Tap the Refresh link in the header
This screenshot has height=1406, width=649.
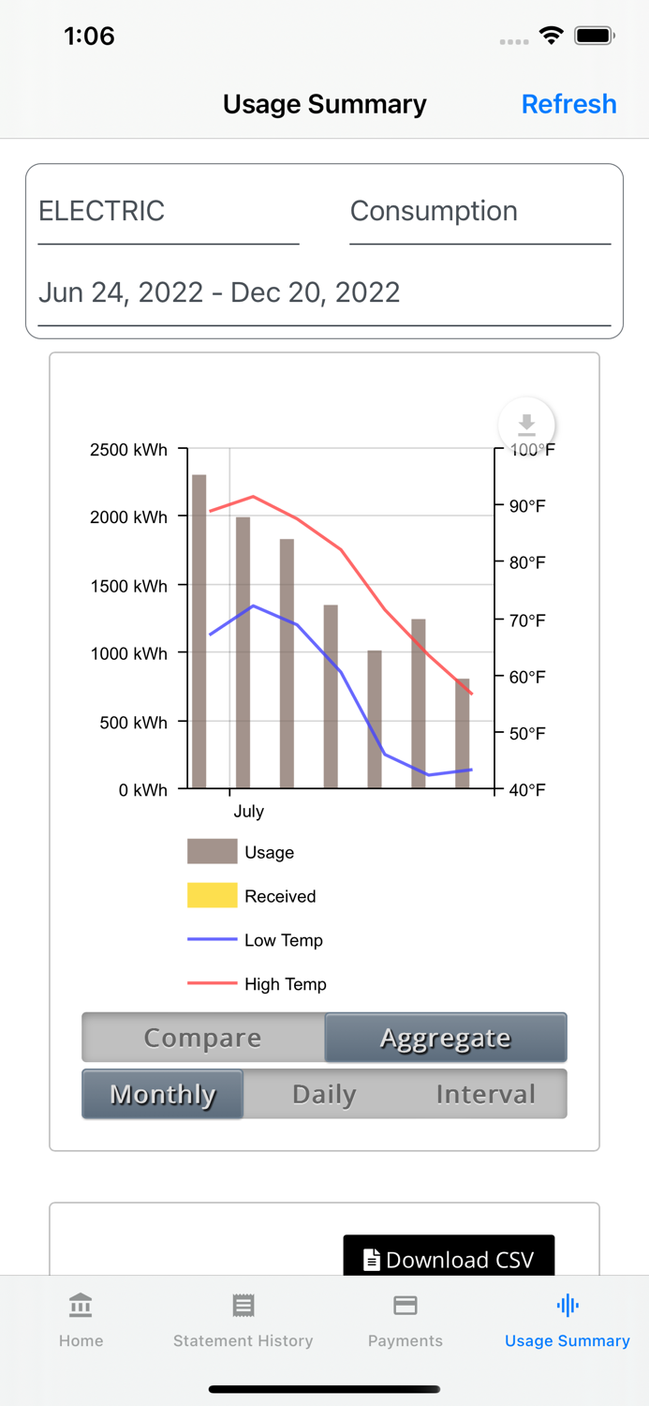tap(568, 104)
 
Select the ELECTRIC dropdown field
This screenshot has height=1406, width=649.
tap(169, 212)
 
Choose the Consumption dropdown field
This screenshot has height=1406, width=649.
tap(479, 212)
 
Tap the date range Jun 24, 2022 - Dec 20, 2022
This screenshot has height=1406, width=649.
tap(324, 292)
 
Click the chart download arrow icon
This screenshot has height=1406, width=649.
tap(526, 425)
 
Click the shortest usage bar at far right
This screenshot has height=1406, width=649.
tap(463, 733)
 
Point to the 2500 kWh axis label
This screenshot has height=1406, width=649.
tap(128, 450)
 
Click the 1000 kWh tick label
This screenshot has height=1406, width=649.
tap(128, 653)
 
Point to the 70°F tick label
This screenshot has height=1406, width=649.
tap(527, 620)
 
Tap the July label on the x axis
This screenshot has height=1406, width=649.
tap(248, 812)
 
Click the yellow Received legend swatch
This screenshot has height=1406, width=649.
tap(212, 896)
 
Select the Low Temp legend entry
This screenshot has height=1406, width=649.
tap(283, 940)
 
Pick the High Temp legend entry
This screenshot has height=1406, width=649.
tap(285, 984)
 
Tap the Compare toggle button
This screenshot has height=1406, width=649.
tap(203, 1038)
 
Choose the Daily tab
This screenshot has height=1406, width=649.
tap(324, 1094)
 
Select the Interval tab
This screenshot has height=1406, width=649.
tap(485, 1094)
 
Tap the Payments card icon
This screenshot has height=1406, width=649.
tap(406, 1306)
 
